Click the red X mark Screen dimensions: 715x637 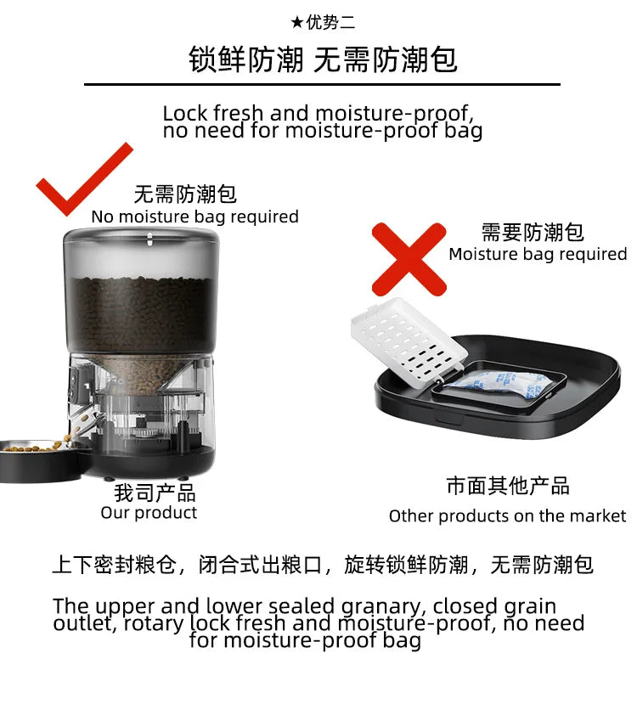[x=409, y=259]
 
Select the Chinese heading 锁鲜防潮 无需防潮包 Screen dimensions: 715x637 [x=322, y=60]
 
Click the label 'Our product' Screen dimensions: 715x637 [x=149, y=513]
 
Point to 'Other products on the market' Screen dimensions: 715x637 [x=507, y=516]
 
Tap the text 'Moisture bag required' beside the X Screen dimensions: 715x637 [x=538, y=254]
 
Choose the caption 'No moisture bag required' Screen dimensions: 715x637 [x=194, y=217]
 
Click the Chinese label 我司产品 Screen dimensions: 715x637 [x=155, y=493]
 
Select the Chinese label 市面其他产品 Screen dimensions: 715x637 [x=507, y=486]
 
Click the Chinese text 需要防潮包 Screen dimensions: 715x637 [x=533, y=233]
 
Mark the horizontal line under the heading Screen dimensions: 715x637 [x=322, y=85]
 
